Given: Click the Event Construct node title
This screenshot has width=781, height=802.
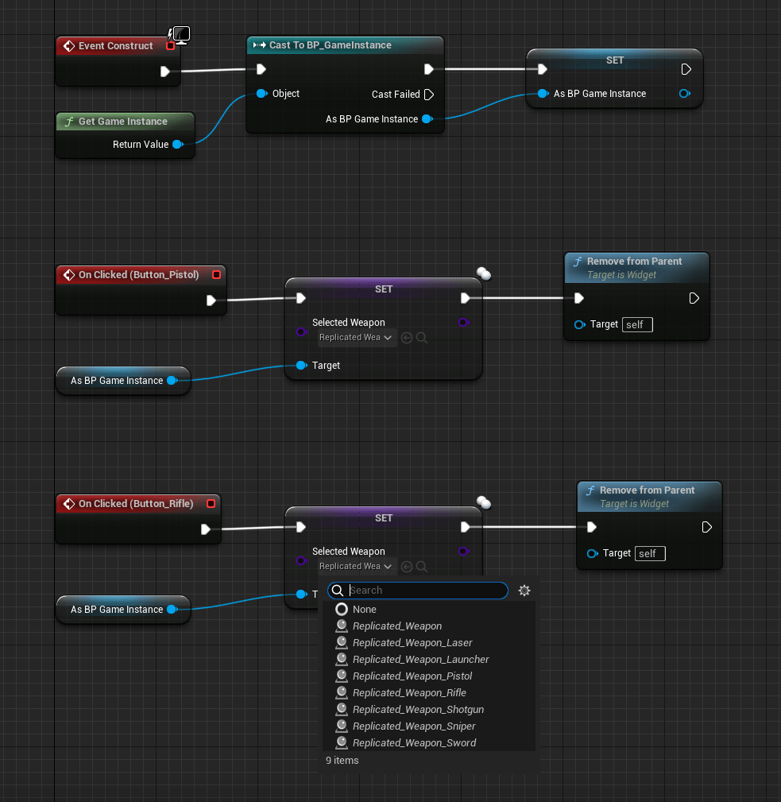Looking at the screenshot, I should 115,46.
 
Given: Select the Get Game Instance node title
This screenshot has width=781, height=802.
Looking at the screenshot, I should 122,122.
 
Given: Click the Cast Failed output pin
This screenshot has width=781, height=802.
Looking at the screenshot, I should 429,95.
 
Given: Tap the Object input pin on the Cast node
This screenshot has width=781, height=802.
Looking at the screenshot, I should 261,94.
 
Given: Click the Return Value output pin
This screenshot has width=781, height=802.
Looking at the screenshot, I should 177,145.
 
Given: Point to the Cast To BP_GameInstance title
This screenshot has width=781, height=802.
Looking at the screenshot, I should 330,45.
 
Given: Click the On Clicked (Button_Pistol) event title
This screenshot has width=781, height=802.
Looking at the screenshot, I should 138,275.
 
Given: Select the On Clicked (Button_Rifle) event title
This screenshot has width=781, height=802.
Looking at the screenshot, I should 135,504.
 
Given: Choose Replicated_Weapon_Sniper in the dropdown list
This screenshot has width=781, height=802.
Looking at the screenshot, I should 414,726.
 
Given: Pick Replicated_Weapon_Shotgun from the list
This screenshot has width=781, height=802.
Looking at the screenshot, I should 418,710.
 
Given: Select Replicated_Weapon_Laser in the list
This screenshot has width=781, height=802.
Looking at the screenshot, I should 412,643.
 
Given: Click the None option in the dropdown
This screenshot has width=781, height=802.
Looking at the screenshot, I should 365,610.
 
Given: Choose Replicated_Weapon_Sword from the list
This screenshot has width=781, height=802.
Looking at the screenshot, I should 414,743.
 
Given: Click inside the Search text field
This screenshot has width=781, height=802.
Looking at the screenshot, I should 425,591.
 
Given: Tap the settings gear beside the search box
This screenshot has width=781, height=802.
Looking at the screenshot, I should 524,591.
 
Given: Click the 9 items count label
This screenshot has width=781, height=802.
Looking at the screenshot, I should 342,761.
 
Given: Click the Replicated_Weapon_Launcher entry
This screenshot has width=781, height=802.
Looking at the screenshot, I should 420,660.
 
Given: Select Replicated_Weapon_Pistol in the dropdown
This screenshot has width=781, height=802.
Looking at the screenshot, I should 412,676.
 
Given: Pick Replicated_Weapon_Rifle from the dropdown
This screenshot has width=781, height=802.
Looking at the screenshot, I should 409,693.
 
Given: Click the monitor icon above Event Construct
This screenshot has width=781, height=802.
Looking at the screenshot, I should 181,34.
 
